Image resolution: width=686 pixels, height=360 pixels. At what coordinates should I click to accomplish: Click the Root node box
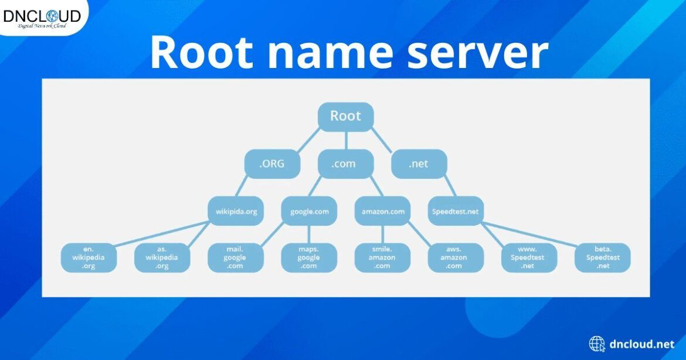click(x=345, y=116)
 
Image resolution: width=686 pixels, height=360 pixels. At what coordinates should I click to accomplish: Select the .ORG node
click(x=272, y=164)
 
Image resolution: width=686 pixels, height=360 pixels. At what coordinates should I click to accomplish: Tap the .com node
click(x=345, y=164)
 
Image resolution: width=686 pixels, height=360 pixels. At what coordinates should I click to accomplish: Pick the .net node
click(x=419, y=164)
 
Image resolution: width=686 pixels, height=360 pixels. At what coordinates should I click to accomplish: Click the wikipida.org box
click(x=236, y=211)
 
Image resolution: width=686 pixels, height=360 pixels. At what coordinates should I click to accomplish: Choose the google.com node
click(x=309, y=211)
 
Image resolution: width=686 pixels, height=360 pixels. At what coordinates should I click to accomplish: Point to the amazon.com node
click(x=382, y=211)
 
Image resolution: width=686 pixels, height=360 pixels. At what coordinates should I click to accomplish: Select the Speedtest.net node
click(x=456, y=211)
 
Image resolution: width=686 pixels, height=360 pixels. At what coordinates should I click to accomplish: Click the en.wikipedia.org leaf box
click(x=89, y=257)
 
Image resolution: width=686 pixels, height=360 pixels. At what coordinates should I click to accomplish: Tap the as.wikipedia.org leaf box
click(x=162, y=257)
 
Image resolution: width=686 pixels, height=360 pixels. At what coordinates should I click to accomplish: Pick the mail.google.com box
click(x=235, y=257)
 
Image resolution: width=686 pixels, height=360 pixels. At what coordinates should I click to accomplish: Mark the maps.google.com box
click(x=308, y=257)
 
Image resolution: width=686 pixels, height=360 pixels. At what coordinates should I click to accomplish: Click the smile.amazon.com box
click(x=382, y=257)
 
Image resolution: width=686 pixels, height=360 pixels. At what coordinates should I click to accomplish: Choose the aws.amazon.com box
click(x=456, y=257)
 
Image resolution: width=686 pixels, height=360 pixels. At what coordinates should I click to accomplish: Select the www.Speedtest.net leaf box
click(x=529, y=257)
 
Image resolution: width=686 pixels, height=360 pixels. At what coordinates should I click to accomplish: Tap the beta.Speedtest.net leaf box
click(x=602, y=257)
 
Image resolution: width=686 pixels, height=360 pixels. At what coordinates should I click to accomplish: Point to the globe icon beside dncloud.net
click(x=597, y=344)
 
